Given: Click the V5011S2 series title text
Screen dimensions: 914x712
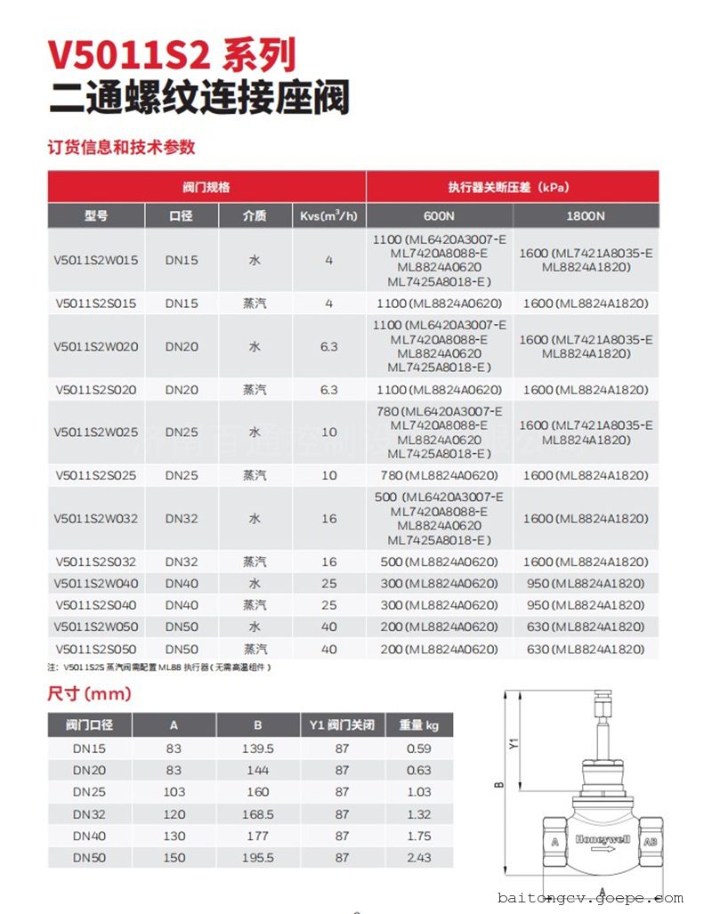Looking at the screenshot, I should click(171, 55).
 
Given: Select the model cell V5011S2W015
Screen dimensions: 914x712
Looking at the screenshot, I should click(96, 260).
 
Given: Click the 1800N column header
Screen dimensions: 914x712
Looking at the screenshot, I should click(586, 215).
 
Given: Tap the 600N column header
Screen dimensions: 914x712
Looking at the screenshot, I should click(439, 215).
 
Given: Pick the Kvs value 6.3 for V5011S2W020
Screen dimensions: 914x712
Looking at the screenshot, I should click(329, 346).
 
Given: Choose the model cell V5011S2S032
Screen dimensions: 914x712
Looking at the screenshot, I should click(96, 562).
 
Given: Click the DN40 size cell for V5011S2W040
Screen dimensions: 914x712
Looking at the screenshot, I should click(182, 583).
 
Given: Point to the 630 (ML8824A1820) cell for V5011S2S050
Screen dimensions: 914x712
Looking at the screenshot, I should click(586, 649).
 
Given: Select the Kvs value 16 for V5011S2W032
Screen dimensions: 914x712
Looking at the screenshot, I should click(329, 518).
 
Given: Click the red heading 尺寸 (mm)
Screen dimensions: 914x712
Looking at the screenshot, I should click(89, 693).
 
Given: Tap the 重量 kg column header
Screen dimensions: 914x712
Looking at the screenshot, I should click(418, 724).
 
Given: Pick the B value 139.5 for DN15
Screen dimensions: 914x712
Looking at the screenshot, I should click(257, 748).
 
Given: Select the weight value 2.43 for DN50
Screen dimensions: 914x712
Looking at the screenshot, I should click(418, 857).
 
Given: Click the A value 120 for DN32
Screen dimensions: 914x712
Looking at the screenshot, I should click(174, 813).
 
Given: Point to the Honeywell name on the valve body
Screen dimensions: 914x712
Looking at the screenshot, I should click(603, 839).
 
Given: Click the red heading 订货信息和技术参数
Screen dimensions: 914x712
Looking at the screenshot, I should click(121, 147).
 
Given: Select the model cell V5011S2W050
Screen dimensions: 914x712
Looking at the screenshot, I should click(96, 627).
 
